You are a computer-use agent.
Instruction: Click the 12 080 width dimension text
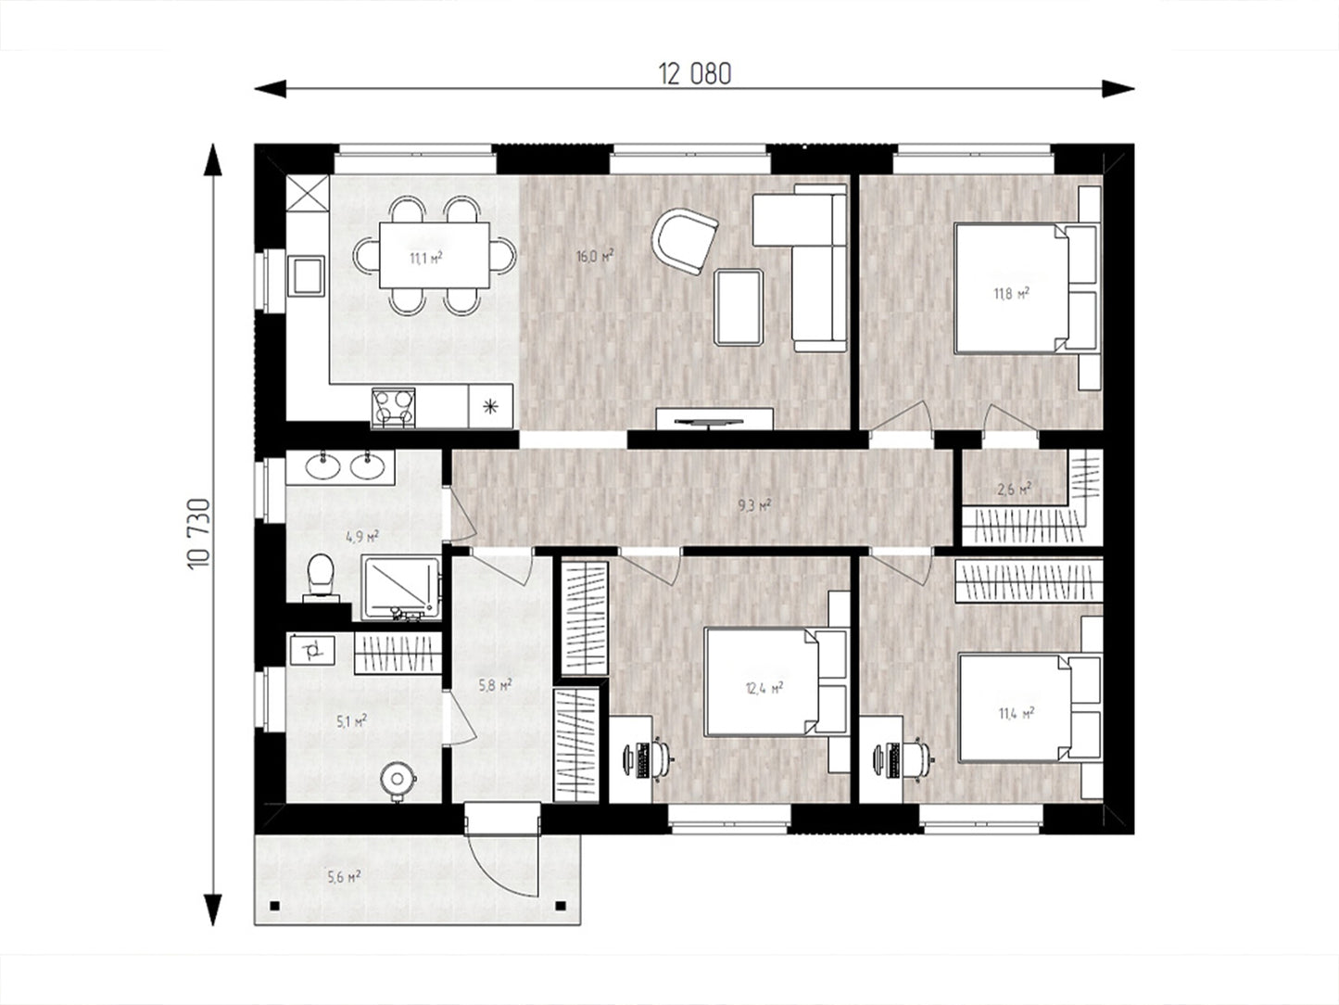click(694, 74)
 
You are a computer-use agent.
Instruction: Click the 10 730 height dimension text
click(199, 534)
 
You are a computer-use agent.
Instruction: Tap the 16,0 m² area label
click(595, 255)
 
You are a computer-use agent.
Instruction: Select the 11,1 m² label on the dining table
click(426, 258)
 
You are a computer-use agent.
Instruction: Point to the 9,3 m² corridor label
click(754, 504)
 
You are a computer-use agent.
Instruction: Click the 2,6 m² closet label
click(1014, 489)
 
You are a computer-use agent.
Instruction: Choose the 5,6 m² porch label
click(344, 877)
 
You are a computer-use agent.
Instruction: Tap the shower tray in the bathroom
click(400, 587)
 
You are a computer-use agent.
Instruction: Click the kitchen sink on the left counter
click(307, 275)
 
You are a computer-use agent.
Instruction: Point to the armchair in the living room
click(685, 241)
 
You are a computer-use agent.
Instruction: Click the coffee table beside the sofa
click(739, 308)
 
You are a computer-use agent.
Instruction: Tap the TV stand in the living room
click(714, 419)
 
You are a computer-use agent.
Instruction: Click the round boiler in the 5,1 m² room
click(398, 781)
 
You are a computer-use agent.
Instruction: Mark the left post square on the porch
click(275, 906)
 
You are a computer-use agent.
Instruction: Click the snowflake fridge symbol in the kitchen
click(490, 406)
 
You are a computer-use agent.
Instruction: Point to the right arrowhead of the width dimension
click(1118, 88)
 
